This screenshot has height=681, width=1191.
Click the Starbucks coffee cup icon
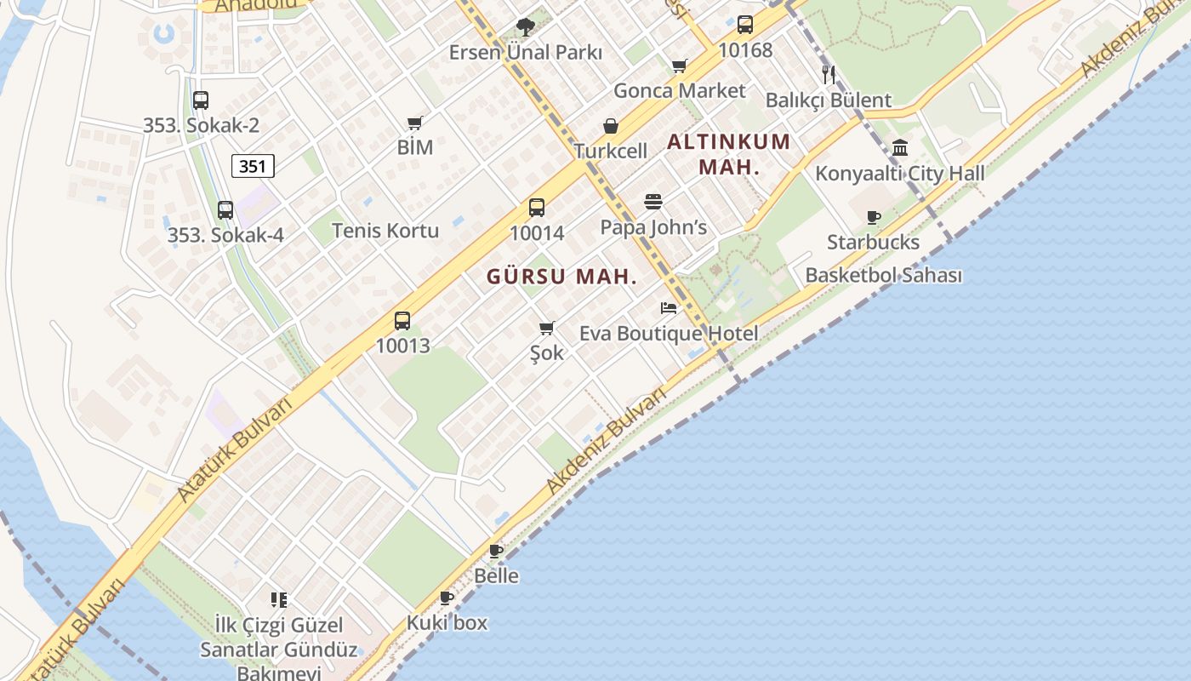point(873,217)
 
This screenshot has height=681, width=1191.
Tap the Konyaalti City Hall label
point(900,174)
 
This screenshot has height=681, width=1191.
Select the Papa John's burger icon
point(653,202)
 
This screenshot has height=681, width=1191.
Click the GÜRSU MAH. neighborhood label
point(561,277)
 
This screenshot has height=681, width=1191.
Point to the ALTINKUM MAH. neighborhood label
point(729,154)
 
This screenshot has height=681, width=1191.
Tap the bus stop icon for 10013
point(402,321)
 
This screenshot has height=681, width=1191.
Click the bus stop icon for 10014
point(537,207)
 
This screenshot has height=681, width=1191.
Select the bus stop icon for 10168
point(745,25)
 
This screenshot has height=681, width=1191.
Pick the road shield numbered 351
point(253,166)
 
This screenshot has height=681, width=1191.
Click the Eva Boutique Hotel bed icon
point(669,307)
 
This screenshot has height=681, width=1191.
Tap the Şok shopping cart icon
point(547,328)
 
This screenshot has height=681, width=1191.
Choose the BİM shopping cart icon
point(415,123)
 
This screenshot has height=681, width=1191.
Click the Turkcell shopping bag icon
point(611,126)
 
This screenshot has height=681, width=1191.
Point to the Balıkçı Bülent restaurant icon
point(829,74)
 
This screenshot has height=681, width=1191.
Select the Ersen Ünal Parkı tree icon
point(526,26)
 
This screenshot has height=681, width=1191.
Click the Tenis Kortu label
point(385,231)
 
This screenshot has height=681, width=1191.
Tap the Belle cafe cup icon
point(496,551)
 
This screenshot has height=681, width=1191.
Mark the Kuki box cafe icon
point(447,598)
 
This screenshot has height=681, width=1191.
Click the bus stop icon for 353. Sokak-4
point(225,209)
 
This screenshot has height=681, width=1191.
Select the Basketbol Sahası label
point(883,276)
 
